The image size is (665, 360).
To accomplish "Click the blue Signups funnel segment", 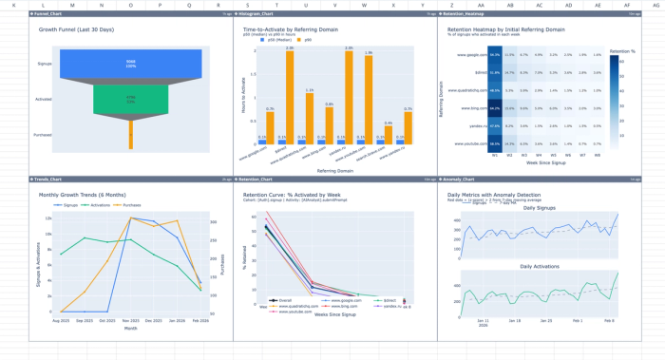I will click(131, 65).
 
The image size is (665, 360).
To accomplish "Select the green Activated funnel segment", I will click(131, 100).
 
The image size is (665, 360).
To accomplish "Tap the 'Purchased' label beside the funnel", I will click(44, 136).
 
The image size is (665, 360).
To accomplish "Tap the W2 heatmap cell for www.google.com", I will click(510, 56).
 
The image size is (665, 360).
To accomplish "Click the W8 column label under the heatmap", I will click(597, 154).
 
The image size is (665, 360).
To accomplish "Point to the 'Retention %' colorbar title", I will click(621, 49).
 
